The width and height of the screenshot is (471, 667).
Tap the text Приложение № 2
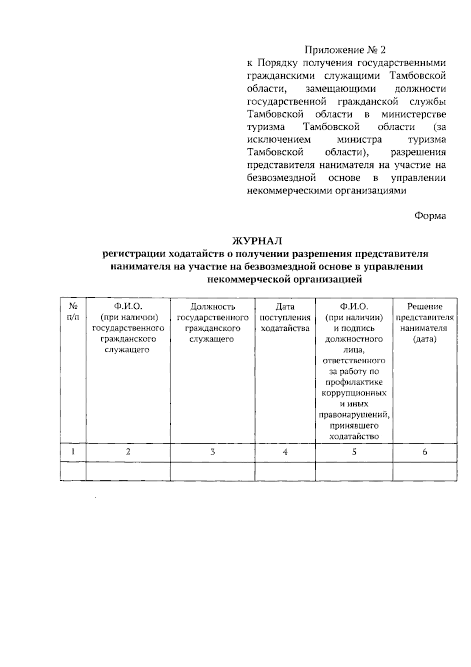point(345,50)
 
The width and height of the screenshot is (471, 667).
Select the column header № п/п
point(73,312)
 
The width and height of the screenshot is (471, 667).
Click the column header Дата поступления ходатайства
point(285,317)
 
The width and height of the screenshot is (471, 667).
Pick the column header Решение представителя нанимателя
point(424,323)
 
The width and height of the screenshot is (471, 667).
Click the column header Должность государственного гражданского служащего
point(212,323)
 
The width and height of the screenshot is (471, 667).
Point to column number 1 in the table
point(73,452)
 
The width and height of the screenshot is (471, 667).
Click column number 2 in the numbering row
point(128,452)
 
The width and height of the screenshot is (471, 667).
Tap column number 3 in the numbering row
point(212,452)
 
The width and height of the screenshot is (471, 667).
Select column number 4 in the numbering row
point(285,452)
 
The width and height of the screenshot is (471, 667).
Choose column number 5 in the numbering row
point(354,452)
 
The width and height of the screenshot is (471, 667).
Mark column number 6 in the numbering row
point(425,452)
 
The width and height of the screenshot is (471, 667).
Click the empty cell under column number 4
point(285,471)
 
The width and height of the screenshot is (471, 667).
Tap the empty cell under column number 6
point(425,471)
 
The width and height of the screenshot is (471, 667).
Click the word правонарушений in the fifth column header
point(354,415)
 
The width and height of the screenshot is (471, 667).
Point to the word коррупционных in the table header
point(354,393)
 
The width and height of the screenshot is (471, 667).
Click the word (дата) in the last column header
point(424,339)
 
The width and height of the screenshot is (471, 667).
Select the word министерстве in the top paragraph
point(413,114)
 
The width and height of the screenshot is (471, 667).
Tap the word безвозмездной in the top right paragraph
point(281,178)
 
